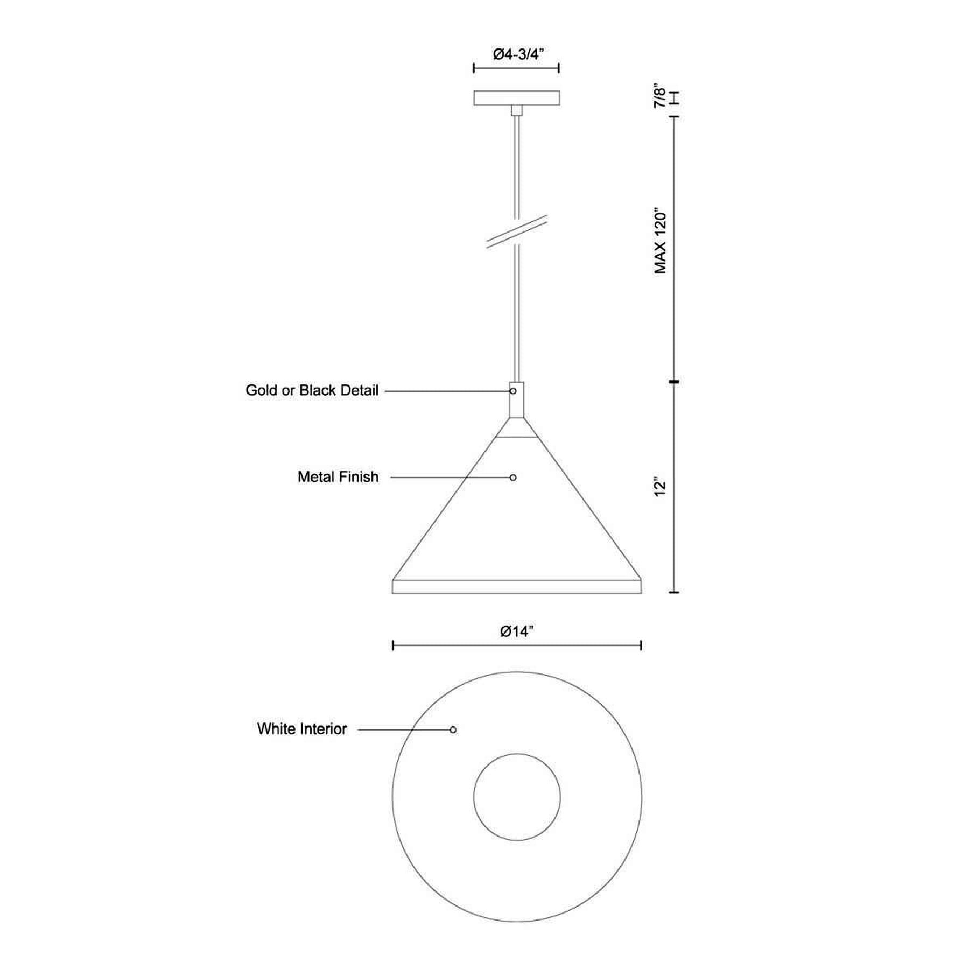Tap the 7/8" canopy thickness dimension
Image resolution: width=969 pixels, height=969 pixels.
click(660, 96)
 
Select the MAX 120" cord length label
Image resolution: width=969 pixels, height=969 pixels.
click(661, 242)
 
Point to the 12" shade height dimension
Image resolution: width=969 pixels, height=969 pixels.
click(660, 487)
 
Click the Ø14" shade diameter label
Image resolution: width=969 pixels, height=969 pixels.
click(517, 631)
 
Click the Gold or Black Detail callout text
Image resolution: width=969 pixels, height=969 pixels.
click(312, 390)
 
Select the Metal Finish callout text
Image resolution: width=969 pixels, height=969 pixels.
click(338, 477)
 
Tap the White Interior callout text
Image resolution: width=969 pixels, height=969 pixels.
click(301, 729)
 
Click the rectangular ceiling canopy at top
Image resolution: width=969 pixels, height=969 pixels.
click(516, 98)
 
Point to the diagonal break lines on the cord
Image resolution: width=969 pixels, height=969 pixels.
click(517, 231)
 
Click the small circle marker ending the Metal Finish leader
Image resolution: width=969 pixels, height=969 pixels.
click(513, 478)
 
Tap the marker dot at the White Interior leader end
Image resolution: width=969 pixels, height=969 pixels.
click(453, 729)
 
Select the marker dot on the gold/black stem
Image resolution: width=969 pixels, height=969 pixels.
click(513, 391)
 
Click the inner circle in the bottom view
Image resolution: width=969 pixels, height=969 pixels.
click(517, 797)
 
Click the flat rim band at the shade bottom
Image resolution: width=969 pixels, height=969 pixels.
click(517, 587)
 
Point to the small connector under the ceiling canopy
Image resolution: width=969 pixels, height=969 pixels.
click(517, 110)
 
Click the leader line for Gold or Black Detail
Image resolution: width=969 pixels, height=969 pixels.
click(447, 391)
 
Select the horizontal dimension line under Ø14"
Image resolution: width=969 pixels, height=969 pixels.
click(517, 645)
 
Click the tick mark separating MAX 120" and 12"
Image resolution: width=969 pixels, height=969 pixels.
click(674, 382)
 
